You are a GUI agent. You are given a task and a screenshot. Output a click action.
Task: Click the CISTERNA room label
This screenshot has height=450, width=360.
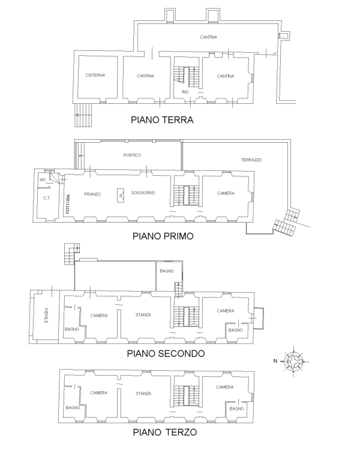tap(95, 75)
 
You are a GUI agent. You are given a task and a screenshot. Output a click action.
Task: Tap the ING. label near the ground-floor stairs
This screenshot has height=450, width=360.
tap(185, 92)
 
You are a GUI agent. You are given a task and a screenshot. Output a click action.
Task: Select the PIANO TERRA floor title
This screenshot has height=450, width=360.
tap(162, 119)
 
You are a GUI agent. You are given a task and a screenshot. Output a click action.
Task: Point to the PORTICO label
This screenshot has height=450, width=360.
tap(132, 155)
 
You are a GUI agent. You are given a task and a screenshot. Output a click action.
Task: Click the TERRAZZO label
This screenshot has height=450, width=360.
tap(251, 160)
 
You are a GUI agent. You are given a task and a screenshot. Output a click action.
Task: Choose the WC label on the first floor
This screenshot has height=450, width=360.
tap(43, 179)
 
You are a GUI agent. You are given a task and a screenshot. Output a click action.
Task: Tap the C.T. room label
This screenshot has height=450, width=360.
tap(47, 198)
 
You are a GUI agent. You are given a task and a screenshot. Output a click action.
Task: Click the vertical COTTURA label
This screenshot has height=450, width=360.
tap(68, 204)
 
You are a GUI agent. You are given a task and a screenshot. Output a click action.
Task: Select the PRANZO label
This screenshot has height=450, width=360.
tap(92, 194)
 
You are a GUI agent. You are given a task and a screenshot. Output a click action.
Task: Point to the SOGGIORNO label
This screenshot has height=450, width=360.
tap(143, 193)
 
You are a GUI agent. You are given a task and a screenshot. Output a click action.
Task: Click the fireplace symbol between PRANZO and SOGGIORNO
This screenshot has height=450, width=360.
tap(121, 196)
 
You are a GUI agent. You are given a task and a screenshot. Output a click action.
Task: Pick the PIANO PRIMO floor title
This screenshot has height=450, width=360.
tap(163, 236)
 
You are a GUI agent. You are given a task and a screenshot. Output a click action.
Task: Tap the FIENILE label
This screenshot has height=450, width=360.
tap(46, 316)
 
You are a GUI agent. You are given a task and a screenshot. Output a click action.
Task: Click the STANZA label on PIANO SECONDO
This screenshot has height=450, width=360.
tap(143, 315)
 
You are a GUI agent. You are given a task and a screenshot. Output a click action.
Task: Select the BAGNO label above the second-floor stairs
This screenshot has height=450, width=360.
tap(167, 271)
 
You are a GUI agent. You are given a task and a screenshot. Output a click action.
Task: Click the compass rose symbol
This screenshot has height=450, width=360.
tap(293, 361)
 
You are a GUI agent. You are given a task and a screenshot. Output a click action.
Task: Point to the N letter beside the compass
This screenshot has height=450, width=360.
tap(275, 361)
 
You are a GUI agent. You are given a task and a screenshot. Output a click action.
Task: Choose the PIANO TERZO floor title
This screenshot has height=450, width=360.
tap(165, 432)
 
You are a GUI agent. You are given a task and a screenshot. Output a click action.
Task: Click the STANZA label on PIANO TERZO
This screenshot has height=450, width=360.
tap(143, 394)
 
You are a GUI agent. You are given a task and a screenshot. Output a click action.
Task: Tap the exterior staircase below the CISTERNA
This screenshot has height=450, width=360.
tap(83, 115)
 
